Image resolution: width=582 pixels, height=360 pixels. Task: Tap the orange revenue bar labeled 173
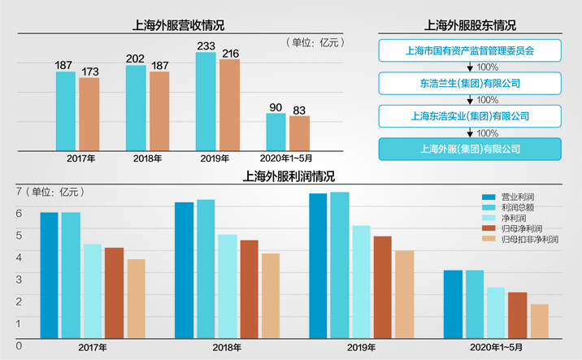pos(89,114)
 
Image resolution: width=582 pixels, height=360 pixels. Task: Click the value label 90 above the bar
pos(276,106)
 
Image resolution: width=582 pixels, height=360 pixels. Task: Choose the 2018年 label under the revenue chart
pos(148,158)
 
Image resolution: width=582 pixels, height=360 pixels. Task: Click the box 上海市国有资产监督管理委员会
pos(470,50)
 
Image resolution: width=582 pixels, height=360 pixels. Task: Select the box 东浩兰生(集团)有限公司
pos(470,83)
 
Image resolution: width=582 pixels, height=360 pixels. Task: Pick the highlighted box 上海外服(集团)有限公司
pos(470,148)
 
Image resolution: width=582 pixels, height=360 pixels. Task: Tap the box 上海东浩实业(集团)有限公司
pos(470,115)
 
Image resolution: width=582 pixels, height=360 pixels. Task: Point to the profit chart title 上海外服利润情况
pos(289,176)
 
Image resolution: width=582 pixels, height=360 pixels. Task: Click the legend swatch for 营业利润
pos(489,197)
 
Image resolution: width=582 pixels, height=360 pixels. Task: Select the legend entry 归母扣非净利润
pos(529,240)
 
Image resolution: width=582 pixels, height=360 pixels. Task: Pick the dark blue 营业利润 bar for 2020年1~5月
pos(453,304)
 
